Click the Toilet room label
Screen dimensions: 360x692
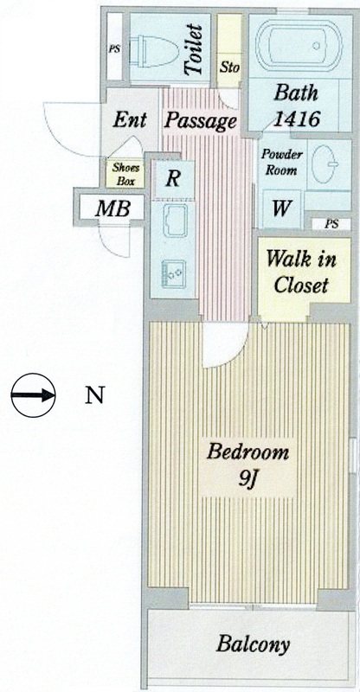click(194, 49)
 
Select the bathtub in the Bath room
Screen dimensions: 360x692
click(299, 45)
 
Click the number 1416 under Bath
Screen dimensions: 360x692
click(296, 119)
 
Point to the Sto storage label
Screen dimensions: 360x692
click(229, 67)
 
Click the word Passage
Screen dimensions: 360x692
click(200, 120)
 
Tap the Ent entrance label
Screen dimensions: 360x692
click(129, 119)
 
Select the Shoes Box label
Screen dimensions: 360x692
click(125, 174)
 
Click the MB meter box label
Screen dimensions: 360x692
click(113, 208)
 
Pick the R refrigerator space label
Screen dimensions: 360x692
click(173, 179)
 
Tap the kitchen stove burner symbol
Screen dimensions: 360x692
click(174, 274)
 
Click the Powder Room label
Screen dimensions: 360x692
click(281, 162)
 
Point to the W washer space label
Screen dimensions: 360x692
click(281, 208)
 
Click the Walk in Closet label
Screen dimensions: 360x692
click(301, 272)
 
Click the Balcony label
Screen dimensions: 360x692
click(252, 645)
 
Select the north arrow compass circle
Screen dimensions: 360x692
click(33, 395)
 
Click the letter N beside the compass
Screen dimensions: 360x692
click(94, 395)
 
